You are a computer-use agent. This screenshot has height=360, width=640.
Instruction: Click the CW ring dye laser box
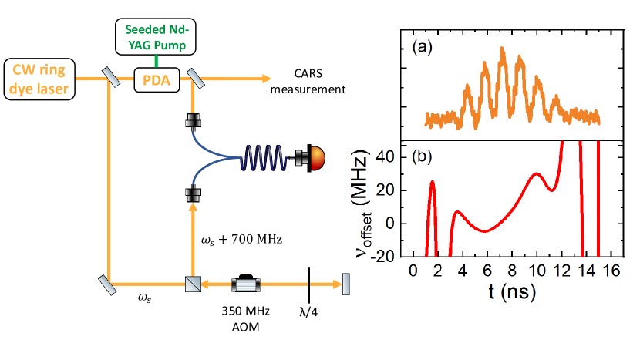point(45,80)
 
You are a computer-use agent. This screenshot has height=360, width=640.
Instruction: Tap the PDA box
point(157,78)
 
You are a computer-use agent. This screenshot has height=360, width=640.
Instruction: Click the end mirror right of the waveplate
point(345,284)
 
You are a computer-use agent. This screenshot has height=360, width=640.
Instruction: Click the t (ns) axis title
point(510,293)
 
